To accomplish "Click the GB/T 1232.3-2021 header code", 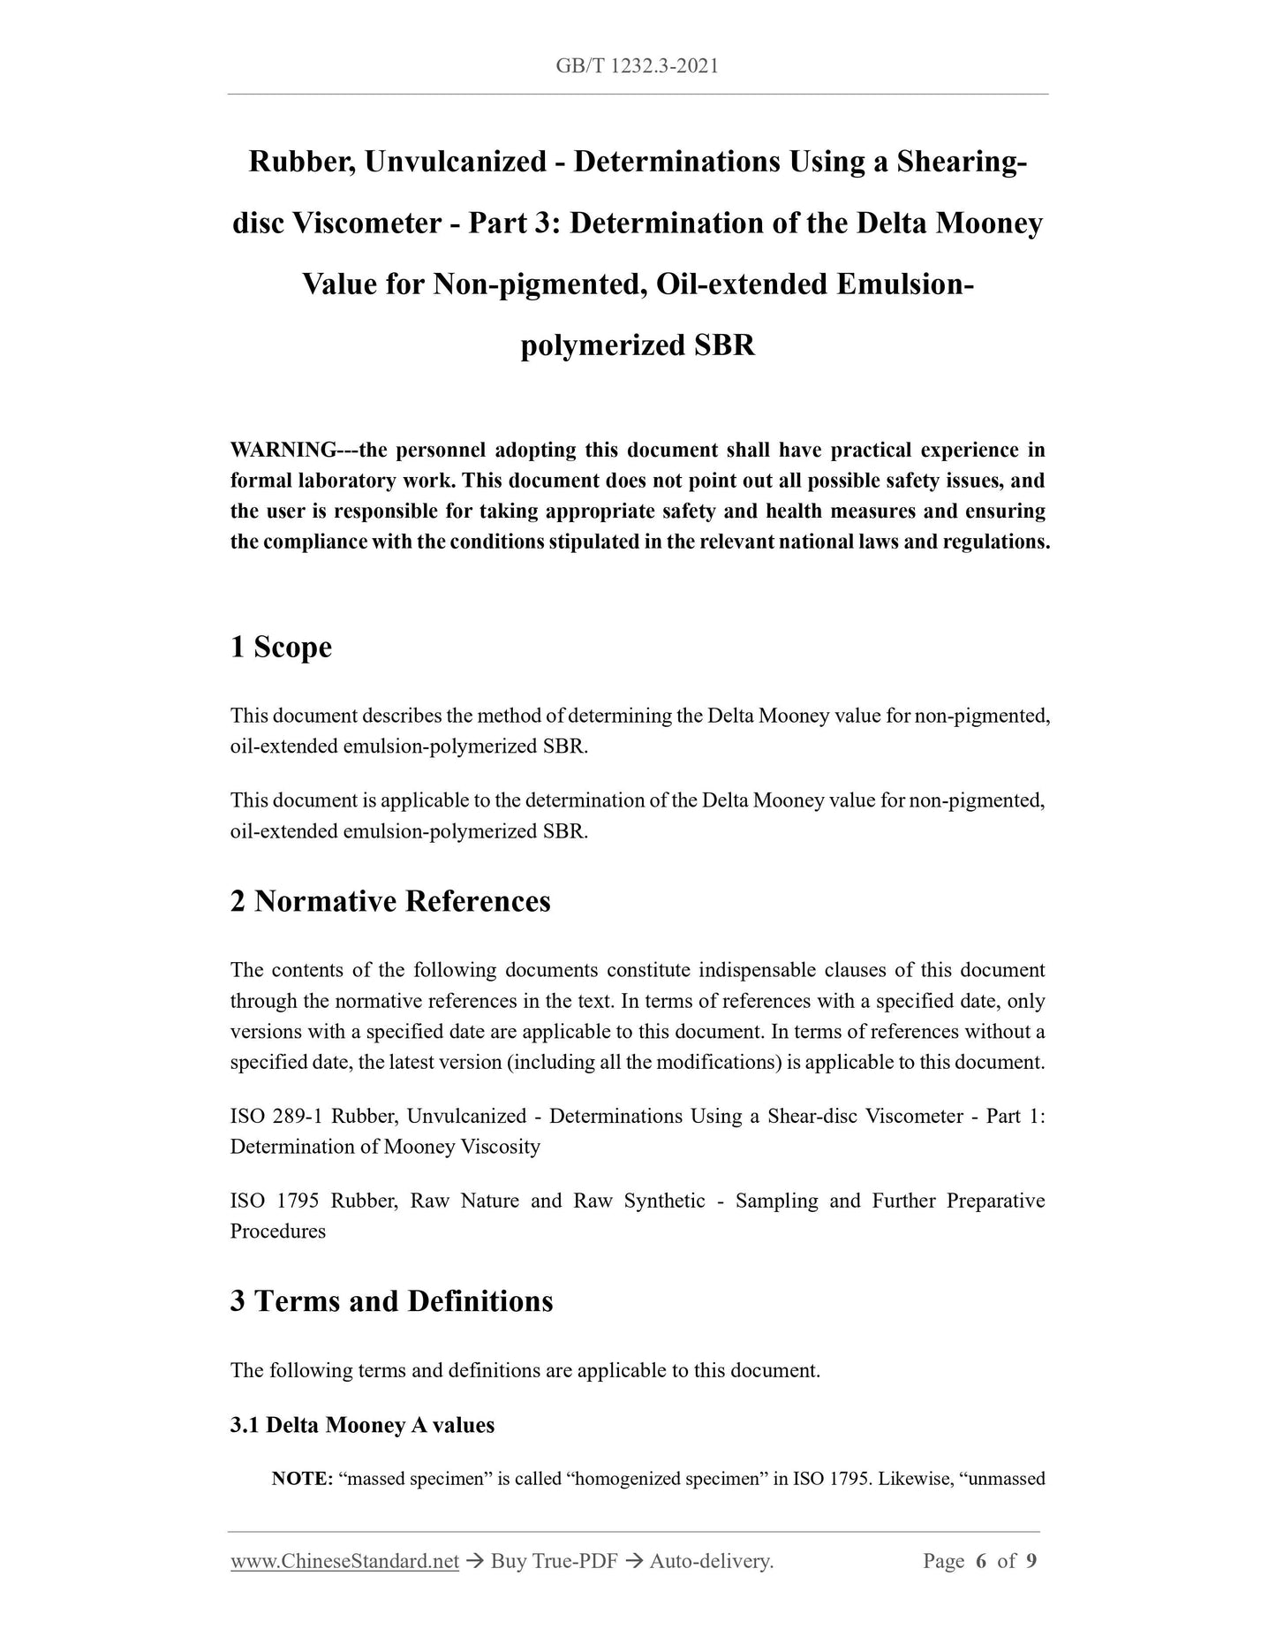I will [637, 66].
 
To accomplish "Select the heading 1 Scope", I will [281, 648].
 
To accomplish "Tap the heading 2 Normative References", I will [389, 902].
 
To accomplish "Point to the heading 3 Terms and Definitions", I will [391, 1301].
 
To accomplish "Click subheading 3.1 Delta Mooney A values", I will [362, 1425].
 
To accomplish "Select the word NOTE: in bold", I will [301, 1479].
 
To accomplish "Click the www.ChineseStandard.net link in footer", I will [344, 1561].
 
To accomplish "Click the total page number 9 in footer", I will [1031, 1561].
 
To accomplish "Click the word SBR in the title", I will [724, 345].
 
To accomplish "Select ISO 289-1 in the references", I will [276, 1116].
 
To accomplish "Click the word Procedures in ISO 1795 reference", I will [277, 1231].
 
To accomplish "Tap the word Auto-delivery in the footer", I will [711, 1561].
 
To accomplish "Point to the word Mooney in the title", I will [989, 224].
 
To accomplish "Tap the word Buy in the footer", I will [510, 1561].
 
